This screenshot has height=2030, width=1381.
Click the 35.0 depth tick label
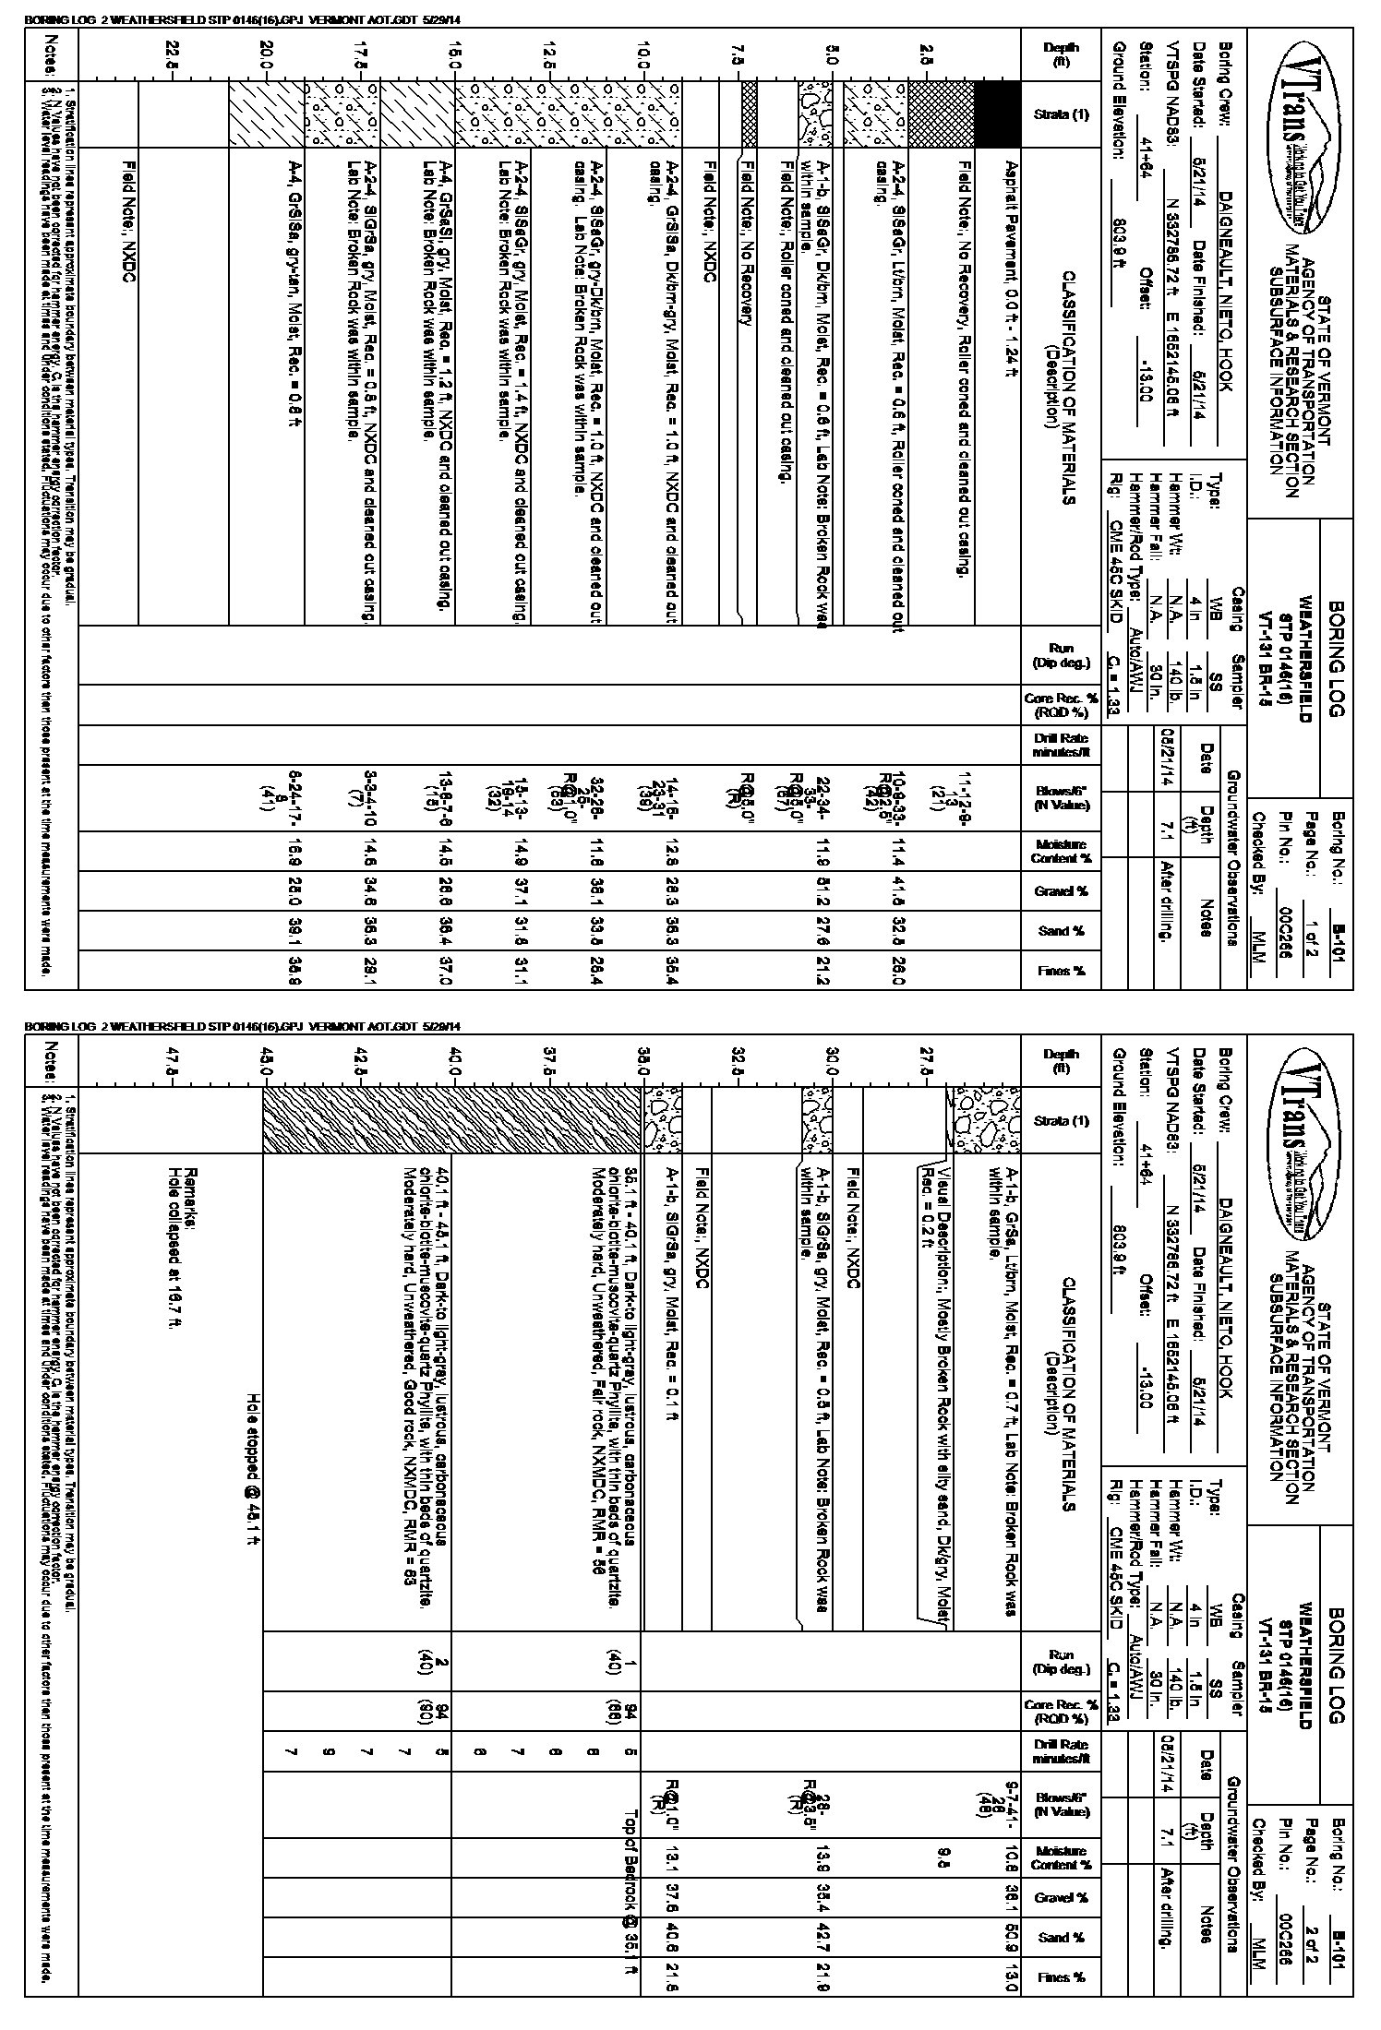tap(643, 1060)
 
